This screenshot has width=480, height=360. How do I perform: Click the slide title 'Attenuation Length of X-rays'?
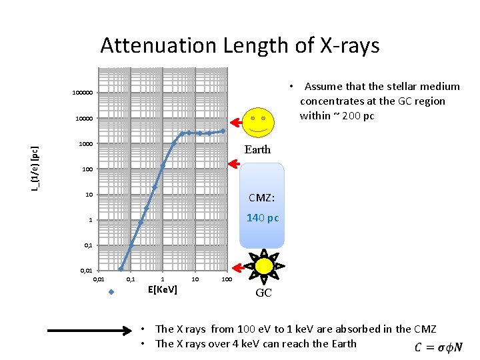pos(240,46)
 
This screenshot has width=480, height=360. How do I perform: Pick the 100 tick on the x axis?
pos(226,279)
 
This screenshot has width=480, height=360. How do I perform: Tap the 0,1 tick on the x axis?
pos(131,279)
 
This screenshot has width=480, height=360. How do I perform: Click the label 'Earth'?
pos(257,150)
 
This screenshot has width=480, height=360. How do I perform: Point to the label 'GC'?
pos(264,293)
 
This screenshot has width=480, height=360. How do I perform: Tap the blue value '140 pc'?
pos(263,218)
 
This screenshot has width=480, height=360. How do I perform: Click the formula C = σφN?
pos(438,347)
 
